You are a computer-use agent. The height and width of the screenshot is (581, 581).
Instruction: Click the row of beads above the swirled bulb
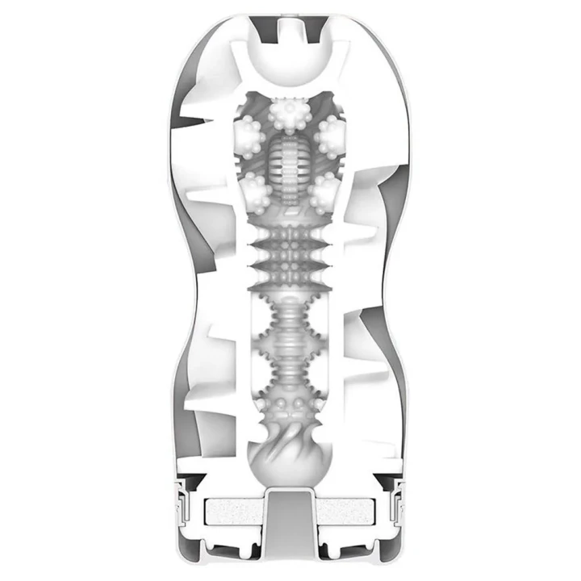click(x=290, y=403)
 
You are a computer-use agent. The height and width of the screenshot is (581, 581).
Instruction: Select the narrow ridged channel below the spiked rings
click(x=290, y=339)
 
